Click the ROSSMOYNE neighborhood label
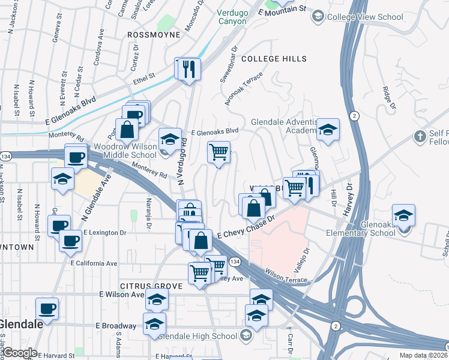(x=154, y=35)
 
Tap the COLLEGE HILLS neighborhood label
(x=274, y=59)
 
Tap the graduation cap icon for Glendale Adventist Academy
(x=328, y=130)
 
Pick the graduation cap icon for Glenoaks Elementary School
(x=404, y=215)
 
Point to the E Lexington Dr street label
(x=105, y=232)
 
